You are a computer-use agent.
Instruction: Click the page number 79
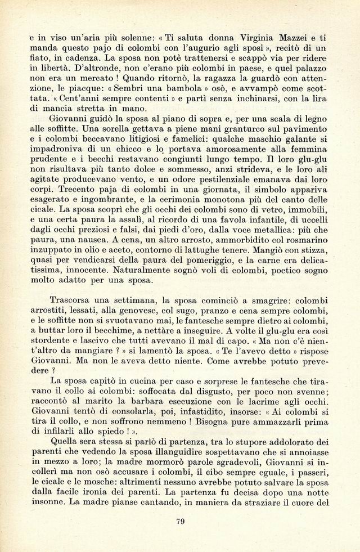180,520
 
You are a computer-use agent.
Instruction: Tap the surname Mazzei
290,38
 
